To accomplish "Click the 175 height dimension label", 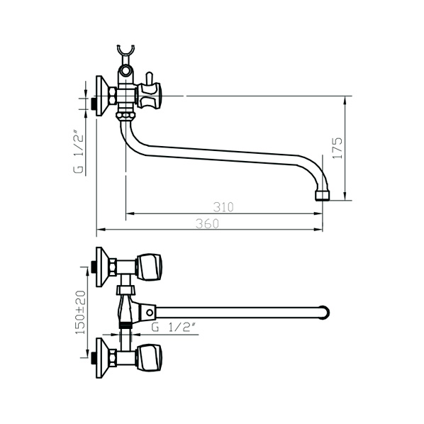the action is pos(337,148).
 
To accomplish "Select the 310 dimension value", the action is pos(223,207).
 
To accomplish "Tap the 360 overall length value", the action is pos(208,223).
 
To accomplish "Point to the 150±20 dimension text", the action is pos(81,312).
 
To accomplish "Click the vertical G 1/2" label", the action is pos(79,152).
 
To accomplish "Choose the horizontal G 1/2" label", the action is pos(173,328).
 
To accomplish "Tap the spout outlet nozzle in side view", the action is pos(323,195).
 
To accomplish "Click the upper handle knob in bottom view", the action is pos(149,267).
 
